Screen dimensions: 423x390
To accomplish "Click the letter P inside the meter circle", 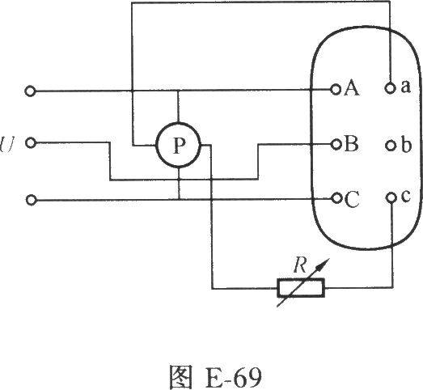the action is click(x=179, y=146).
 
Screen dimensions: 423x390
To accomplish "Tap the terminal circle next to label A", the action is click(x=336, y=89).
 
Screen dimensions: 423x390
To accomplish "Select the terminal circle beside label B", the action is click(x=336, y=145).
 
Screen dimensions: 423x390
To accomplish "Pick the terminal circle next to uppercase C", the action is click(x=336, y=199).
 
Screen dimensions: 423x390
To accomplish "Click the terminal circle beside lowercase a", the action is click(x=390, y=87).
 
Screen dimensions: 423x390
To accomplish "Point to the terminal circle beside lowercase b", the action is click(x=390, y=146).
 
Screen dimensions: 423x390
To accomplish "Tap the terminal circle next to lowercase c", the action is click(x=391, y=197).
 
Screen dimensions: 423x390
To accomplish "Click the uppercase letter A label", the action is click(x=352, y=88).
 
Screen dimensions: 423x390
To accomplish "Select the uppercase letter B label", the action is click(x=351, y=143).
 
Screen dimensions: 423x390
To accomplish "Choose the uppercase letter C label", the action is click(x=352, y=200).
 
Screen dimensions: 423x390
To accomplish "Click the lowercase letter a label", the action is click(x=405, y=87).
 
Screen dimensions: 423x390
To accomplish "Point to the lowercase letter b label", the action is click(x=406, y=145).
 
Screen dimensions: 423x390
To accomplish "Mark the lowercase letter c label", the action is click(x=405, y=196).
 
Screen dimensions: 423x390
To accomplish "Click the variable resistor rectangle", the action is click(x=301, y=289).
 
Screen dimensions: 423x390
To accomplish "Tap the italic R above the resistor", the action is click(x=300, y=265).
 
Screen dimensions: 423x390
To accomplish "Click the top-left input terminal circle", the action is click(x=30, y=91).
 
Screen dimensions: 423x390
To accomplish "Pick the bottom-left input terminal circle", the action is click(x=31, y=200).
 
